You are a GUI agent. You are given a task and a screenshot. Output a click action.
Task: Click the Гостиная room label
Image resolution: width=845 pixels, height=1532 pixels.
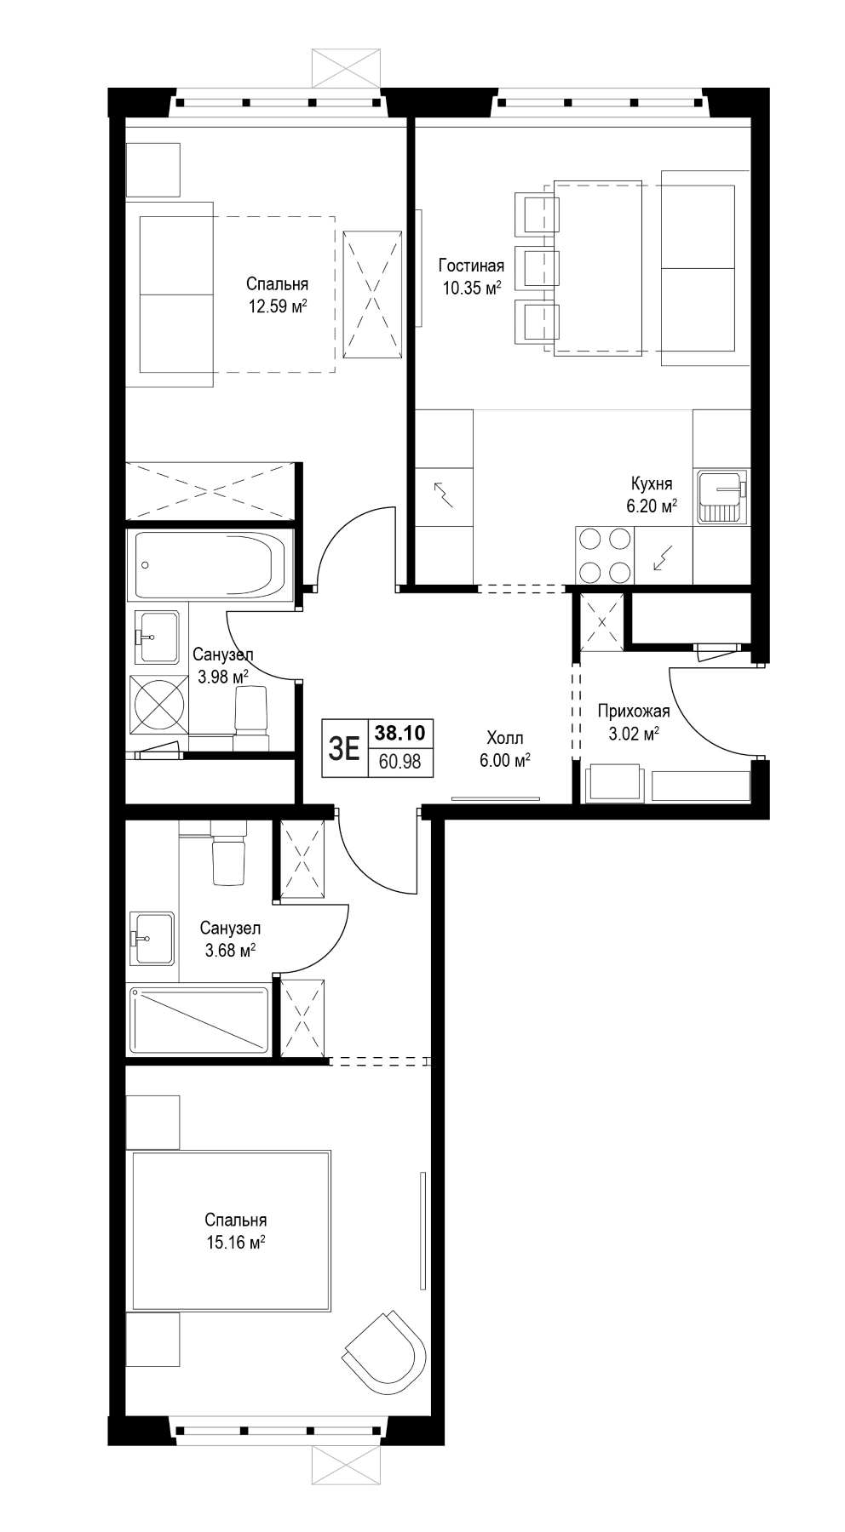pyautogui.click(x=471, y=266)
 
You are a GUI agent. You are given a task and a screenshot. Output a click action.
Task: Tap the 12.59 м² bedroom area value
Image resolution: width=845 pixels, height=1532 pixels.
pyautogui.click(x=278, y=306)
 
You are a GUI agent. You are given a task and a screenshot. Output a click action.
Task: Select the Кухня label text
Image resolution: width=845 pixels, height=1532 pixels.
pyautogui.click(x=652, y=483)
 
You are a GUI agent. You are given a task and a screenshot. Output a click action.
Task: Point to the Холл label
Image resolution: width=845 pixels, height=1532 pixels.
pyautogui.click(x=505, y=738)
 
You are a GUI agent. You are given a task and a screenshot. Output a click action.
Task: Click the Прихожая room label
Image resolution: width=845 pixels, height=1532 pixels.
pyautogui.click(x=634, y=712)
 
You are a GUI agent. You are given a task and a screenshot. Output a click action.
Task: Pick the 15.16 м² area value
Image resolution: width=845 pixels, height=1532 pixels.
pyautogui.click(x=236, y=1243)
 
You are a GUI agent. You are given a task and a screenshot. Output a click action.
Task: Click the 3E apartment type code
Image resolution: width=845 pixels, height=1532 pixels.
pyautogui.click(x=344, y=748)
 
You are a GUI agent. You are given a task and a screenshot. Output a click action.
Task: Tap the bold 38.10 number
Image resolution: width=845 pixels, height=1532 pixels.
pyautogui.click(x=400, y=733)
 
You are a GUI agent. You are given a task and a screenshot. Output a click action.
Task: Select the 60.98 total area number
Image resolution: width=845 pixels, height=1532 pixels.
pyautogui.click(x=400, y=762)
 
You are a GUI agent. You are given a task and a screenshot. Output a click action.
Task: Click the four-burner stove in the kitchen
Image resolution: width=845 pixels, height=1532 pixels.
pyautogui.click(x=605, y=554)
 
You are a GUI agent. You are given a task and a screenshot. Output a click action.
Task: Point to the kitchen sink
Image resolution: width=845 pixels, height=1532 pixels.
pyautogui.click(x=721, y=497)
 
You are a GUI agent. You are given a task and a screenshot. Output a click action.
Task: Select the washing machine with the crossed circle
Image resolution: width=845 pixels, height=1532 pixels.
pyautogui.click(x=158, y=704)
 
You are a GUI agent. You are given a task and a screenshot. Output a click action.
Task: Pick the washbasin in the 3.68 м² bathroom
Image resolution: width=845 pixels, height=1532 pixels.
pyautogui.click(x=152, y=939)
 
